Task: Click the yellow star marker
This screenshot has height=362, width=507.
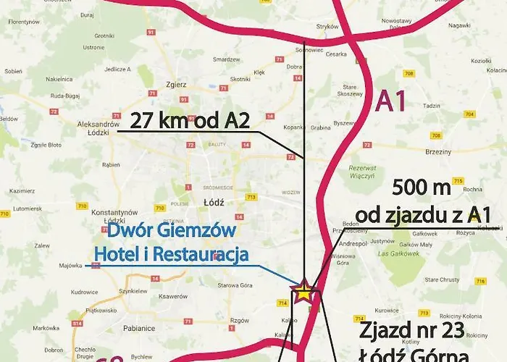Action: [304, 292]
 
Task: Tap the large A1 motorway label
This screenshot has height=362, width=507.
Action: [391, 100]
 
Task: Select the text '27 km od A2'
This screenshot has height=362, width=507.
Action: [190, 119]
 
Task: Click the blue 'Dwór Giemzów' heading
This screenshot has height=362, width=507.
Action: [171, 232]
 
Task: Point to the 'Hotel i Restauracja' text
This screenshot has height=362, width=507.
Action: [171, 254]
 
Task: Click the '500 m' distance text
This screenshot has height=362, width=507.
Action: [421, 189]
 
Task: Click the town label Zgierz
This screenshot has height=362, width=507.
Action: [177, 85]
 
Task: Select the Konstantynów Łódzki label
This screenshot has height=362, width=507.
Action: [110, 216]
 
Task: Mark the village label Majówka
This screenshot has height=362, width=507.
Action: [70, 266]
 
